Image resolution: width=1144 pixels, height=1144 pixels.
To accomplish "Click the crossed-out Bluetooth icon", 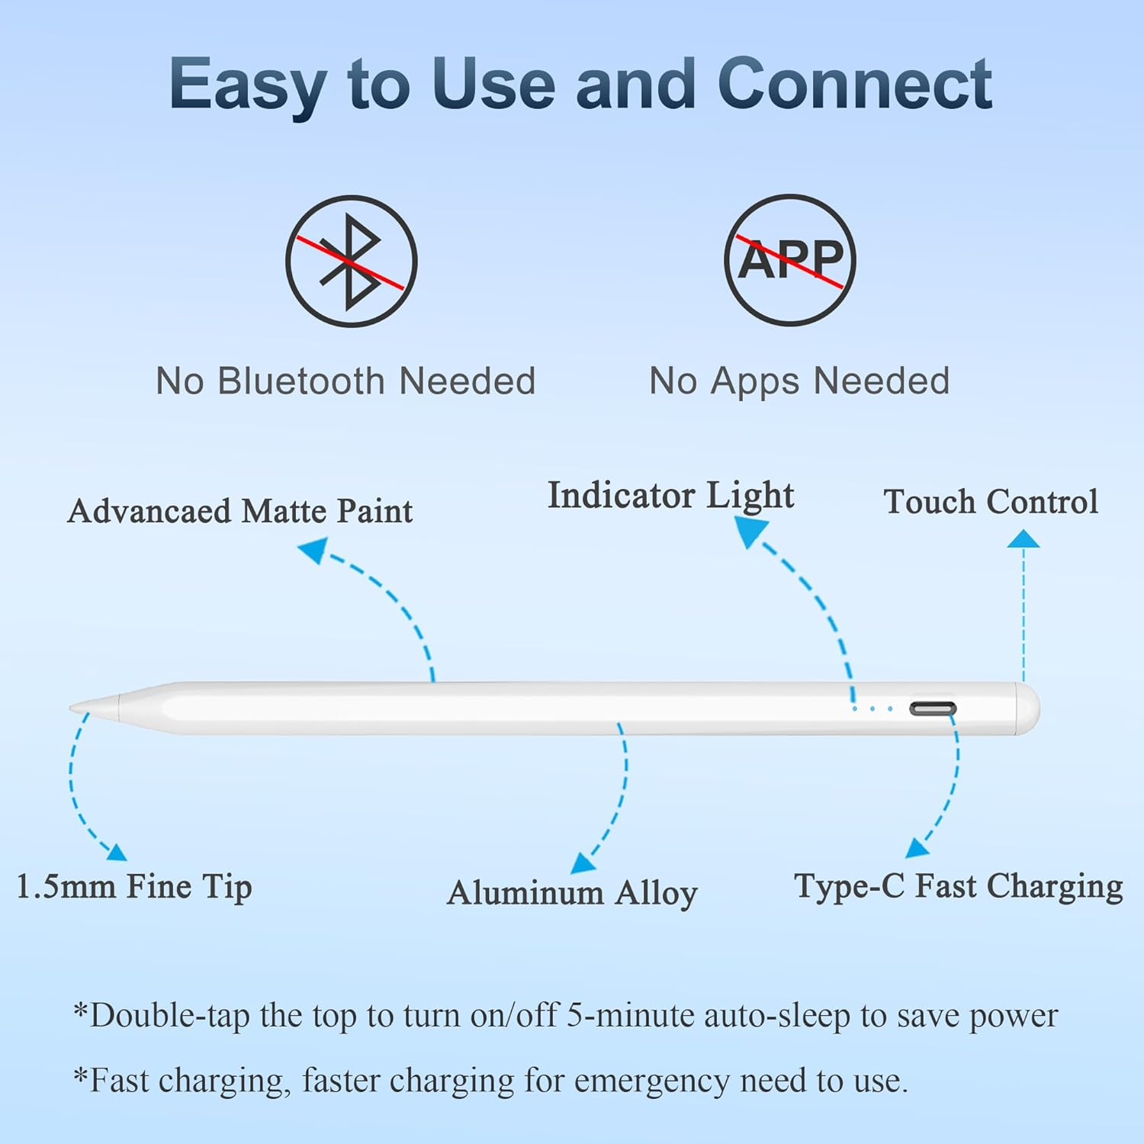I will (x=352, y=262).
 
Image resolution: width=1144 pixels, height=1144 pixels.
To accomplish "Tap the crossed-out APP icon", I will (x=790, y=260).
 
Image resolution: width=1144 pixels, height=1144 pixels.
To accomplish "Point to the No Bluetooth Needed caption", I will (x=345, y=381).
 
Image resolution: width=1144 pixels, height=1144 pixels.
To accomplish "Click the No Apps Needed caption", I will (x=799, y=381).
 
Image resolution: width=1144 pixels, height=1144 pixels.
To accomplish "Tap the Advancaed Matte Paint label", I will (x=239, y=511).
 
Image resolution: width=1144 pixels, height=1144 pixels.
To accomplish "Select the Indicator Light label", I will (x=670, y=496).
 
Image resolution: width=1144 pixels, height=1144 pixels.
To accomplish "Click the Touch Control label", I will (x=991, y=502).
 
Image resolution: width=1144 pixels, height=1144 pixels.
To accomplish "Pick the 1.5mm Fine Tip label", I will (x=134, y=887).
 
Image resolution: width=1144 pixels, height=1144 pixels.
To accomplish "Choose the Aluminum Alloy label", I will (x=572, y=893).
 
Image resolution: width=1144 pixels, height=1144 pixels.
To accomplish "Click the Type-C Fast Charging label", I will (x=959, y=887).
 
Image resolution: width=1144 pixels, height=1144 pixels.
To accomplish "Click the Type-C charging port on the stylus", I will (x=932, y=709).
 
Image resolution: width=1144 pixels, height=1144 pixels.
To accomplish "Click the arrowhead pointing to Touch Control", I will (x=1023, y=539).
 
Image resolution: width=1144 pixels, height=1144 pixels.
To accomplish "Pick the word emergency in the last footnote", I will (x=653, y=1081).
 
